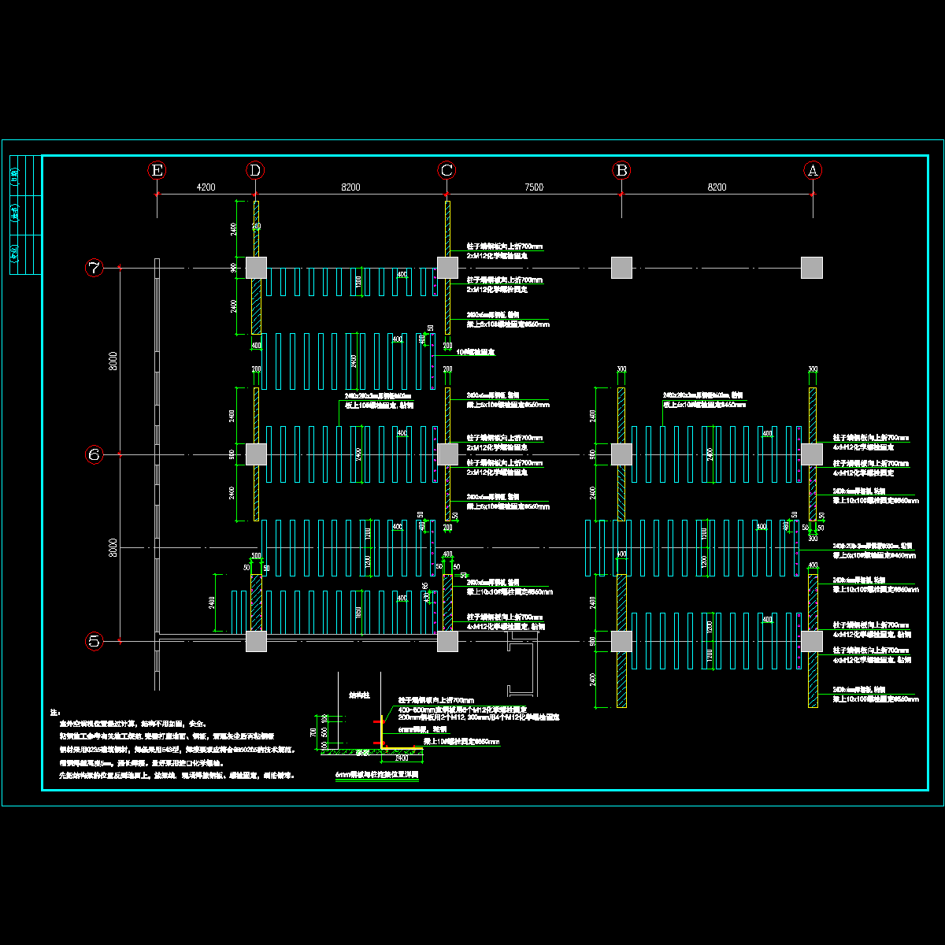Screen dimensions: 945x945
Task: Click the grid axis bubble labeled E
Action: [157, 170]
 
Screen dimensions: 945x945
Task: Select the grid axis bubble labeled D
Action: [254, 170]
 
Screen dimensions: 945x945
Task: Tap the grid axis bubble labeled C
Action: [447, 170]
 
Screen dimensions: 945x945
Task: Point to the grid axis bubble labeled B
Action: [622, 170]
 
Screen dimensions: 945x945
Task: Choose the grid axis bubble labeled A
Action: [813, 170]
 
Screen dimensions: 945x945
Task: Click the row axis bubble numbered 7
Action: [94, 268]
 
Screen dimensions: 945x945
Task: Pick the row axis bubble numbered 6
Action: [94, 454]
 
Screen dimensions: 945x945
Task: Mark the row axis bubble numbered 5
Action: [94, 642]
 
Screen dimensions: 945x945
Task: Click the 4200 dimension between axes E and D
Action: [206, 187]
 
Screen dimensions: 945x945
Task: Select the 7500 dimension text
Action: [534, 187]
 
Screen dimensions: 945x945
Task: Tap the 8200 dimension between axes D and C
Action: [350, 187]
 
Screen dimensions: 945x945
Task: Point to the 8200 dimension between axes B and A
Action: [717, 187]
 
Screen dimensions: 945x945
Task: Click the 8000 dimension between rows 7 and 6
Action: [113, 361]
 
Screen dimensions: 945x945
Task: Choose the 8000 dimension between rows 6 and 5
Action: [113, 548]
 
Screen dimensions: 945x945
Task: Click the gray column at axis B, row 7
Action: [622, 268]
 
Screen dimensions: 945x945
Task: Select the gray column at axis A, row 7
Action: [812, 268]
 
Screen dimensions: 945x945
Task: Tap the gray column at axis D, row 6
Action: [256, 454]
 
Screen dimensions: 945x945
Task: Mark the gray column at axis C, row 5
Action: [447, 642]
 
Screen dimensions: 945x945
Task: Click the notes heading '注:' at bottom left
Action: [54, 712]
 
